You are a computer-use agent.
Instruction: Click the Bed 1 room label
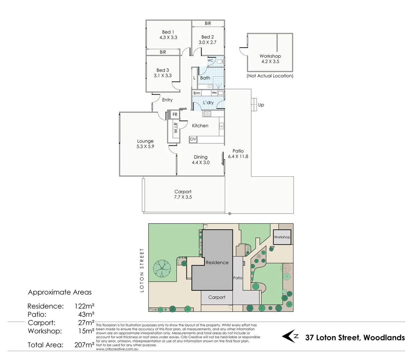[168, 32]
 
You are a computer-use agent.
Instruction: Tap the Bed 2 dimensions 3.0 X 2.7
[208, 42]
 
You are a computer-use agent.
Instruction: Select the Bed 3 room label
[162, 70]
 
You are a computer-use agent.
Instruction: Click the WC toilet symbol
[220, 61]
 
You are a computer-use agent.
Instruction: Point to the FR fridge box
[175, 115]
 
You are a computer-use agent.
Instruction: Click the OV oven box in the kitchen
[193, 139]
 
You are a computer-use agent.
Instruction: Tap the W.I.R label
[175, 128]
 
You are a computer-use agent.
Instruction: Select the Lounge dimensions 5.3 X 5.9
[145, 146]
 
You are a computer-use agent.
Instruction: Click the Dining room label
[200, 157]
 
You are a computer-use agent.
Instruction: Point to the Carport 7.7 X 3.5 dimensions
[183, 197]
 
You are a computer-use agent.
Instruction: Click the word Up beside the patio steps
[261, 105]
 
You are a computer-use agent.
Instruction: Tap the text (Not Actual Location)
[270, 76]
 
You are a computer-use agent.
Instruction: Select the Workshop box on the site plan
[282, 237]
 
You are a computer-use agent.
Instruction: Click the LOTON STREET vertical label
[142, 270]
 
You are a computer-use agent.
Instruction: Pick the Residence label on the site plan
[217, 263]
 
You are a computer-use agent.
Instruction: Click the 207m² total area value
[84, 345]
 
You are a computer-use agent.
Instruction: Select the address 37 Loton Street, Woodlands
[355, 338]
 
